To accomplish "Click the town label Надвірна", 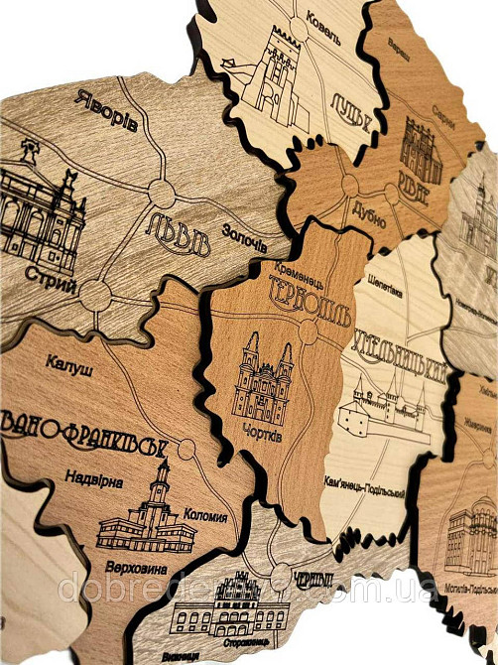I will click(92, 481).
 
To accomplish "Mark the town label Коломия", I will click(204, 515).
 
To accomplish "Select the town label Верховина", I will click(132, 568).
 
